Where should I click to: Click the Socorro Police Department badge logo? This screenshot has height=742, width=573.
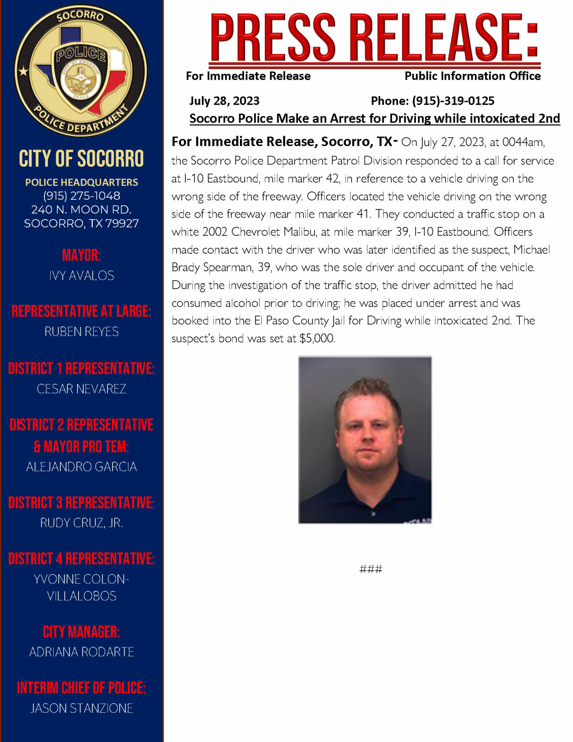tap(81, 71)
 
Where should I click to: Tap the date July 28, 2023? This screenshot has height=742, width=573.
tap(224, 101)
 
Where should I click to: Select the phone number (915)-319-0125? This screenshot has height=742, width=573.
tap(453, 101)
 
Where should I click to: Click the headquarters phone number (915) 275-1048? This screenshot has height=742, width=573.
tap(81, 196)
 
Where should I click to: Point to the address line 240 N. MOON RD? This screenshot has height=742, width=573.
tap(81, 209)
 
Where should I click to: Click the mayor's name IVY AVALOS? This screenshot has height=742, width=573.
tap(81, 276)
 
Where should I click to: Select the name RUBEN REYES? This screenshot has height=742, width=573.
tap(81, 332)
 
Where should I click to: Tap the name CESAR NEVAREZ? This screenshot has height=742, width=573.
tap(81, 389)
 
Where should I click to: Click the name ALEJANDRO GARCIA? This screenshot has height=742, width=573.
tap(81, 467)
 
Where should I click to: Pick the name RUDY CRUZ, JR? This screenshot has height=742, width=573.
tap(81, 523)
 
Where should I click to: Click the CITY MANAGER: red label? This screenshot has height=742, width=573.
tap(81, 632)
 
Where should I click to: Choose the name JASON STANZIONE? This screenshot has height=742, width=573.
tap(81, 708)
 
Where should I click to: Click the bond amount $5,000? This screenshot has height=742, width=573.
tap(317, 338)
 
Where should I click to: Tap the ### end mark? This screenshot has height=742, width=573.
tap(371, 569)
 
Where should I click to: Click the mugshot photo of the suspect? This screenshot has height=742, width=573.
tap(365, 440)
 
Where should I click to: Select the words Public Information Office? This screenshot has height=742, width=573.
tap(472, 76)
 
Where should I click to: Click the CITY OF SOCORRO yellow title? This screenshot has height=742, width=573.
tap(81, 159)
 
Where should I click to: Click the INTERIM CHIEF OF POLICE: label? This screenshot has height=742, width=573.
tap(81, 688)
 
